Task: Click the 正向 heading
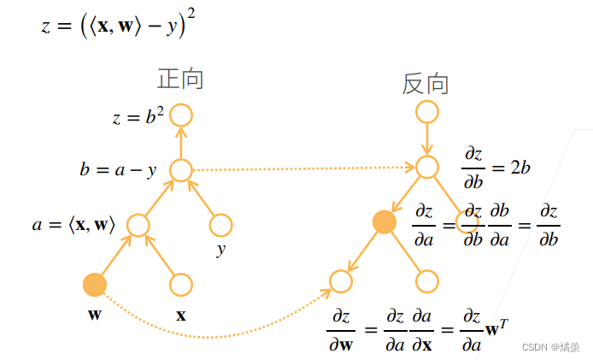point(180,79)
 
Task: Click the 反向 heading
point(426,83)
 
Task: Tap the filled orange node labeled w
point(95,284)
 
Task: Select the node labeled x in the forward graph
point(180,284)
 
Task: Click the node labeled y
point(220,225)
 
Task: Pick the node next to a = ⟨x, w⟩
point(138,225)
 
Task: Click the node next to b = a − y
point(180,169)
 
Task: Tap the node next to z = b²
point(180,115)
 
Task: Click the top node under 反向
point(426,112)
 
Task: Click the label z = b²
point(138,116)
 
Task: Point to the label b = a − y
point(118,170)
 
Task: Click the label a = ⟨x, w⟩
point(73,226)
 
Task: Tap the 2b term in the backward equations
point(520,167)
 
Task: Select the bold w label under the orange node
point(94,314)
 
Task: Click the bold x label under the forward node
point(181,315)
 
